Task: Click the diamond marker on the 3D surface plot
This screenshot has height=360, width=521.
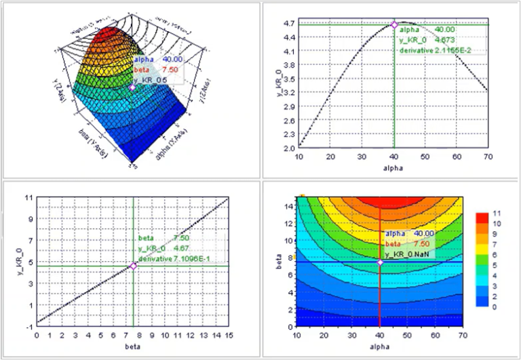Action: click(x=133, y=87)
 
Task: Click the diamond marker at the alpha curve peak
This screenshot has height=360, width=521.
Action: click(x=394, y=25)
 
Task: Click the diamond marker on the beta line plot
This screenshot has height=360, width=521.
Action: click(x=133, y=266)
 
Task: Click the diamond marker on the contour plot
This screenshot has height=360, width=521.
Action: click(x=380, y=262)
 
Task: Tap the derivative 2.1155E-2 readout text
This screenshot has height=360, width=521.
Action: click(x=434, y=51)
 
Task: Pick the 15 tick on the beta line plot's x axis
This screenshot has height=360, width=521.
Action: click(x=230, y=335)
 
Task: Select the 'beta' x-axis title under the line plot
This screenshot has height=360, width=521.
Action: click(x=133, y=346)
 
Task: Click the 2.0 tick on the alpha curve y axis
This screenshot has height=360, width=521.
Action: click(x=288, y=148)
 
